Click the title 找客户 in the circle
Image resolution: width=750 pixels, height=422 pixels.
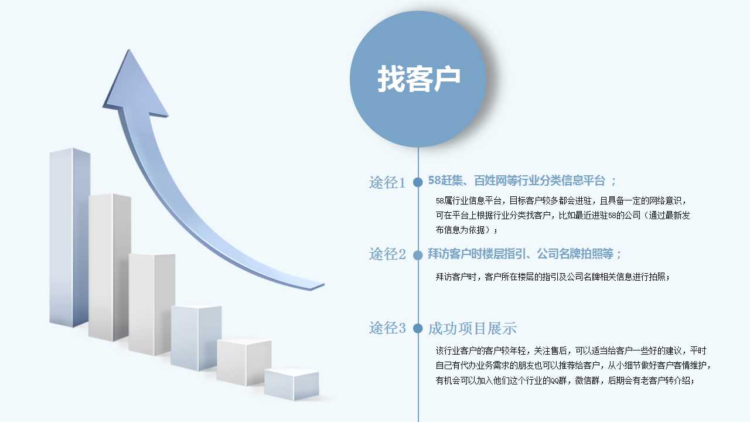pyautogui.click(x=418, y=79)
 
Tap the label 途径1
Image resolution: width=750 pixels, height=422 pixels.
pyautogui.click(x=387, y=182)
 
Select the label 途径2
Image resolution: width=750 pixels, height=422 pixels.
pyautogui.click(x=387, y=254)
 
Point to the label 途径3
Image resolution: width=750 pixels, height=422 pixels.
pyautogui.click(x=387, y=328)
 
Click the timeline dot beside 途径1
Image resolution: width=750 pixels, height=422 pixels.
pyautogui.click(x=418, y=182)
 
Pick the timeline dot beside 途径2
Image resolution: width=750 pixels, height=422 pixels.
pyautogui.click(x=418, y=255)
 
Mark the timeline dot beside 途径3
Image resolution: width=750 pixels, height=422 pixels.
pyautogui.click(x=418, y=328)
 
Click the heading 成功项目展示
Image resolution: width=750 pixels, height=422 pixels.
pyautogui.click(x=472, y=329)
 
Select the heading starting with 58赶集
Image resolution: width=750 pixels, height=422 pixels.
pyautogui.click(x=522, y=181)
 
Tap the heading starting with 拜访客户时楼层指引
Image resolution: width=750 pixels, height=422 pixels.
pyautogui.click(x=524, y=254)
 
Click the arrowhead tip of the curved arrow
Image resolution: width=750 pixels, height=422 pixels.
pyautogui.click(x=129, y=50)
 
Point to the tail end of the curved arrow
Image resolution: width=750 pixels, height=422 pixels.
pyautogui.click(x=318, y=287)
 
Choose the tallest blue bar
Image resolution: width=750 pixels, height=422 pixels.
pyautogui.click(x=70, y=238)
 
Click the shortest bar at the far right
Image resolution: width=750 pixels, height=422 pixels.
pyautogui.click(x=292, y=384)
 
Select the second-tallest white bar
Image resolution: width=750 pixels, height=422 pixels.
pyautogui.click(x=110, y=267)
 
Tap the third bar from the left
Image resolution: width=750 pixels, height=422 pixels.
pyautogui.click(x=152, y=304)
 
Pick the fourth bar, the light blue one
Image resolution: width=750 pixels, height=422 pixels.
pyautogui.click(x=196, y=338)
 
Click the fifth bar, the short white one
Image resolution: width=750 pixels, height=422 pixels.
pyautogui.click(x=244, y=362)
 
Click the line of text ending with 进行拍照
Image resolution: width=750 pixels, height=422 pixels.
pyautogui.click(x=553, y=277)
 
